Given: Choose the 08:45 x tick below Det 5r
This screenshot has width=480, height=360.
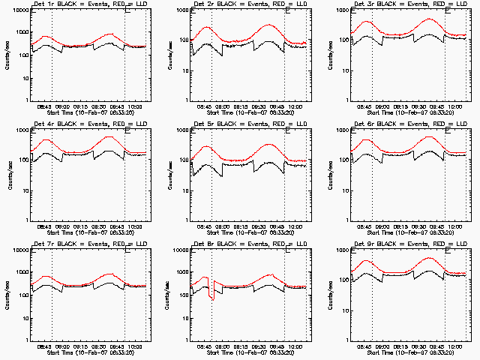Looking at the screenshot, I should pos(205,226).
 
